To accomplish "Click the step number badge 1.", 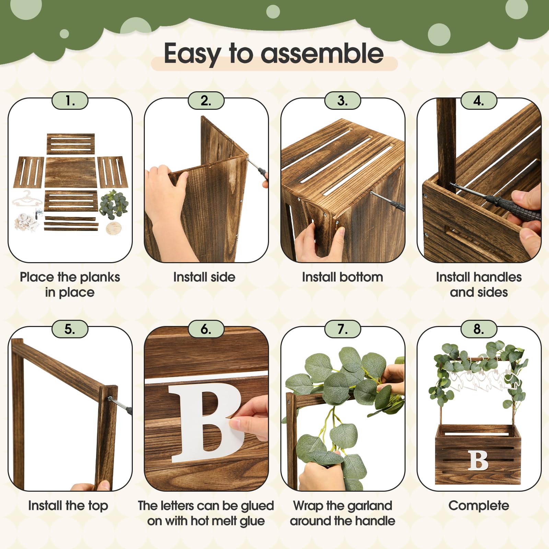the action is point(70,101).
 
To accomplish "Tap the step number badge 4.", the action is point(479,101).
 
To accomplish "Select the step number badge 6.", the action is point(206,329).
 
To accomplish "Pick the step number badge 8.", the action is point(479,329).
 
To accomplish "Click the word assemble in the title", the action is point(322,54).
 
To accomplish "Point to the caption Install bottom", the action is point(342,277).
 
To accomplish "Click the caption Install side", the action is point(204,277).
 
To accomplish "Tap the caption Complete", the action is point(479,506).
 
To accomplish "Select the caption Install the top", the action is point(68,506).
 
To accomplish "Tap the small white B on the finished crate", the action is point(478,460).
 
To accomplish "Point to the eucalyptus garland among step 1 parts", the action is point(114,205).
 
